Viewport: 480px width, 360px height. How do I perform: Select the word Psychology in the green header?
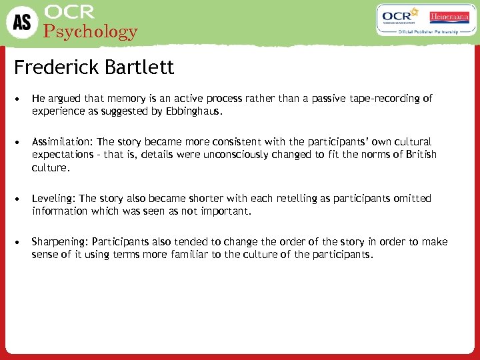[x=90, y=31]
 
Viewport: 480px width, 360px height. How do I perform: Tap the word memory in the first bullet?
[x=116, y=99]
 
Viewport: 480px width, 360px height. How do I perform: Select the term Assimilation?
[x=62, y=142]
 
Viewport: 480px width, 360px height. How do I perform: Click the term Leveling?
[x=54, y=199]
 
